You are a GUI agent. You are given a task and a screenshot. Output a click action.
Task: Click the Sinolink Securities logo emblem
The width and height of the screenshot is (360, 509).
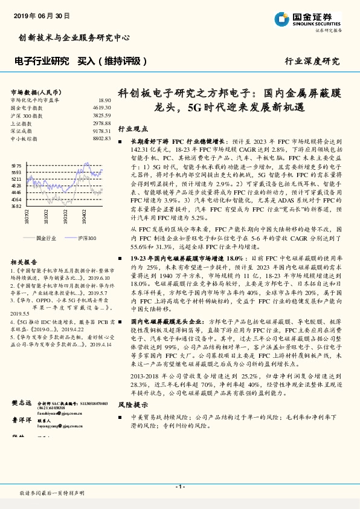point(283,19)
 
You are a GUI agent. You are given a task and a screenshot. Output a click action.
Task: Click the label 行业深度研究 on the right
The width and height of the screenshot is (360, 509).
point(312,62)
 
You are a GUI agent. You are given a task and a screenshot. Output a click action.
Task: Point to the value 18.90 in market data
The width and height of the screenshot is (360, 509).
point(104,100)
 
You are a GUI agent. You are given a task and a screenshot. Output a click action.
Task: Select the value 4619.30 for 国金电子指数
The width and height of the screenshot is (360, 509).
point(101,107)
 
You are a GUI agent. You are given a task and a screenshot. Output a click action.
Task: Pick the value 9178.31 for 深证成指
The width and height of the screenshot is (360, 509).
point(101,131)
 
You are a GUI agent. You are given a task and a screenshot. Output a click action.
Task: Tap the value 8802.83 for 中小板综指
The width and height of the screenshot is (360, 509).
point(101,138)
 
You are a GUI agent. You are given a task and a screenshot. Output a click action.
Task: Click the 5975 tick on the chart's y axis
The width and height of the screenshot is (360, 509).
point(16,165)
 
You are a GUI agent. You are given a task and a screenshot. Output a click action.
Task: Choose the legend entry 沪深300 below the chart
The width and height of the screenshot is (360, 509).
point(86,238)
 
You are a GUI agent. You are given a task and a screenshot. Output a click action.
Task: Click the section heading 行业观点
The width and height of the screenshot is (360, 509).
point(132,129)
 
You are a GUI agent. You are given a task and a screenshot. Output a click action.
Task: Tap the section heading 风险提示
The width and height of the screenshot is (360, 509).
point(132,404)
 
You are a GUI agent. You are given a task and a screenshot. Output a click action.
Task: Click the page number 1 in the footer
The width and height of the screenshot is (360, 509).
point(179,487)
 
